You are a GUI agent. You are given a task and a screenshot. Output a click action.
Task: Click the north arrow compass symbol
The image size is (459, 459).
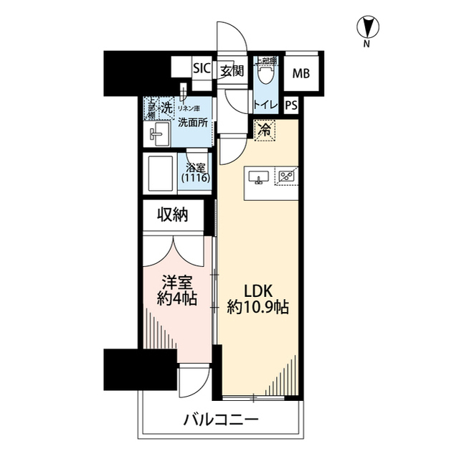(x=366, y=29)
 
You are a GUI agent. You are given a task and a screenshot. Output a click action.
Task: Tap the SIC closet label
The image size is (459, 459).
(x=202, y=70)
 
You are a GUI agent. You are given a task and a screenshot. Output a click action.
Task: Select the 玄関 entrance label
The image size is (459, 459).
(x=231, y=70)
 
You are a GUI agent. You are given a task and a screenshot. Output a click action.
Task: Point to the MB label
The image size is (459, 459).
(x=299, y=72)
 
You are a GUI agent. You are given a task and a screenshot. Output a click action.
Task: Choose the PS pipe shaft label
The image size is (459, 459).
(x=290, y=105)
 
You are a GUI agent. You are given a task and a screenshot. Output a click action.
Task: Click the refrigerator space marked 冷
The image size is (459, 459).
(x=264, y=131)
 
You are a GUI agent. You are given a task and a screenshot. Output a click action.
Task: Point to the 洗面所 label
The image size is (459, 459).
(x=192, y=123)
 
